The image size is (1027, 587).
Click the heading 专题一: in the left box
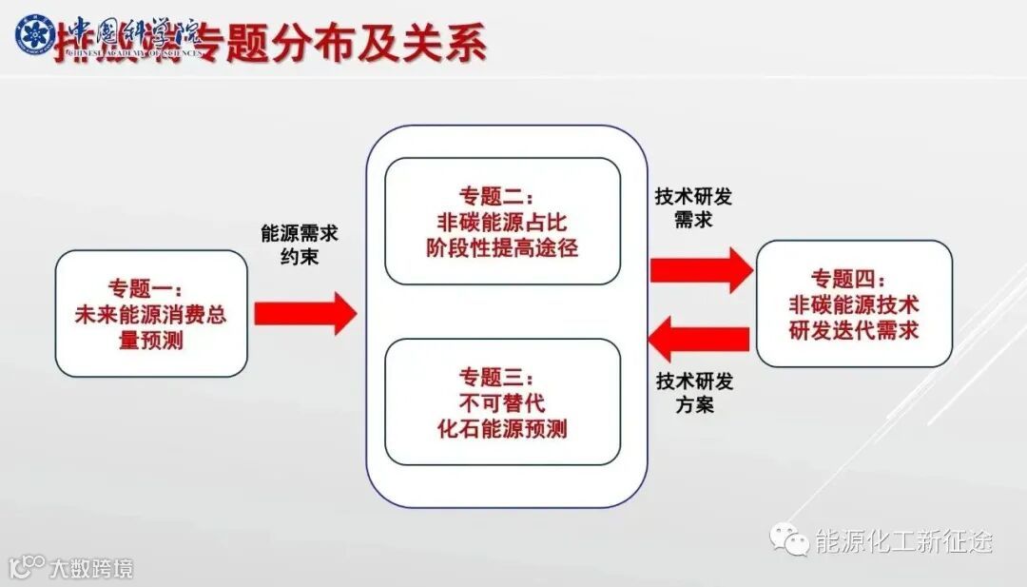(x=151, y=288)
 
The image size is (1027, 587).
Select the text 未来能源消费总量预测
(x=151, y=326)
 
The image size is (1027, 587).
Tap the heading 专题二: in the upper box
(x=502, y=197)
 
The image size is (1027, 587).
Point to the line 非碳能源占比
(x=502, y=223)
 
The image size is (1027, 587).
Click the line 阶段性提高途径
(x=502, y=248)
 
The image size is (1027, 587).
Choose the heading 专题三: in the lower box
(x=502, y=377)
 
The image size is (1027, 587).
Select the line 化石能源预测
(x=502, y=428)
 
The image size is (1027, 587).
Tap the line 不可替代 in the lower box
(x=502, y=402)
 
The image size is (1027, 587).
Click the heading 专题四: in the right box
(x=853, y=280)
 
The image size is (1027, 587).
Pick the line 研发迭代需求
(x=853, y=331)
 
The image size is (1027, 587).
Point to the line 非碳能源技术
(x=853, y=305)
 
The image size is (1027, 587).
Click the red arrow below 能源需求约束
(x=304, y=313)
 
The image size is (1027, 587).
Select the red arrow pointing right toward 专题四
(x=700, y=269)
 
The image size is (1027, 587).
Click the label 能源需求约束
(x=300, y=244)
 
